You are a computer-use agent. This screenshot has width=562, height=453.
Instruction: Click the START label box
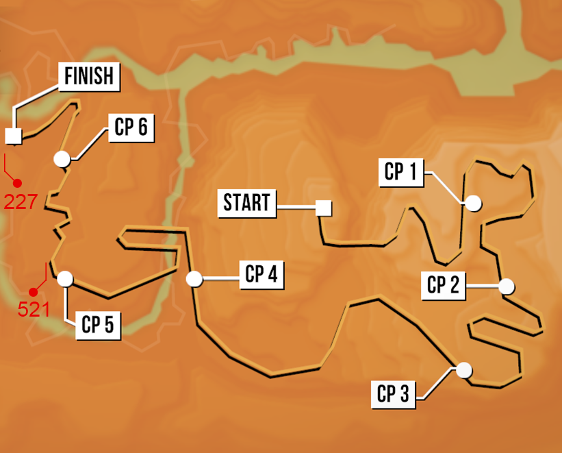(248, 203)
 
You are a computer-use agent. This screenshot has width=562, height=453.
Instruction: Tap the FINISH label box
(89, 75)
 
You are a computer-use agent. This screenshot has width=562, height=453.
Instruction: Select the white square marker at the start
(323, 208)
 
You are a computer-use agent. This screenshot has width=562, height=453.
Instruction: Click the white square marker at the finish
(13, 136)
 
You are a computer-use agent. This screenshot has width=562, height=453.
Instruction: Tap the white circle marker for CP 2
(506, 286)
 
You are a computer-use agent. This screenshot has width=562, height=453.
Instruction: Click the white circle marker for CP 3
(465, 370)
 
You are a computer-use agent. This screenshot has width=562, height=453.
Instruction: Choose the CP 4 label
(261, 275)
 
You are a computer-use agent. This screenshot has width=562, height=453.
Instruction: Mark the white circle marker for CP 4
(194, 279)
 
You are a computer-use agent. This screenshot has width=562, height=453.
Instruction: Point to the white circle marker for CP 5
(65, 278)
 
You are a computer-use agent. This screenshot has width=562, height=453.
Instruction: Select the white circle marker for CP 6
(62, 159)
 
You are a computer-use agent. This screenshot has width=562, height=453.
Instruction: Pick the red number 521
(33, 309)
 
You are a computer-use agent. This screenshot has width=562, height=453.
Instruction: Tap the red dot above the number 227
(18, 183)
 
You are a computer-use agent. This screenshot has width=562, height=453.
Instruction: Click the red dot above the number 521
(33, 292)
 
